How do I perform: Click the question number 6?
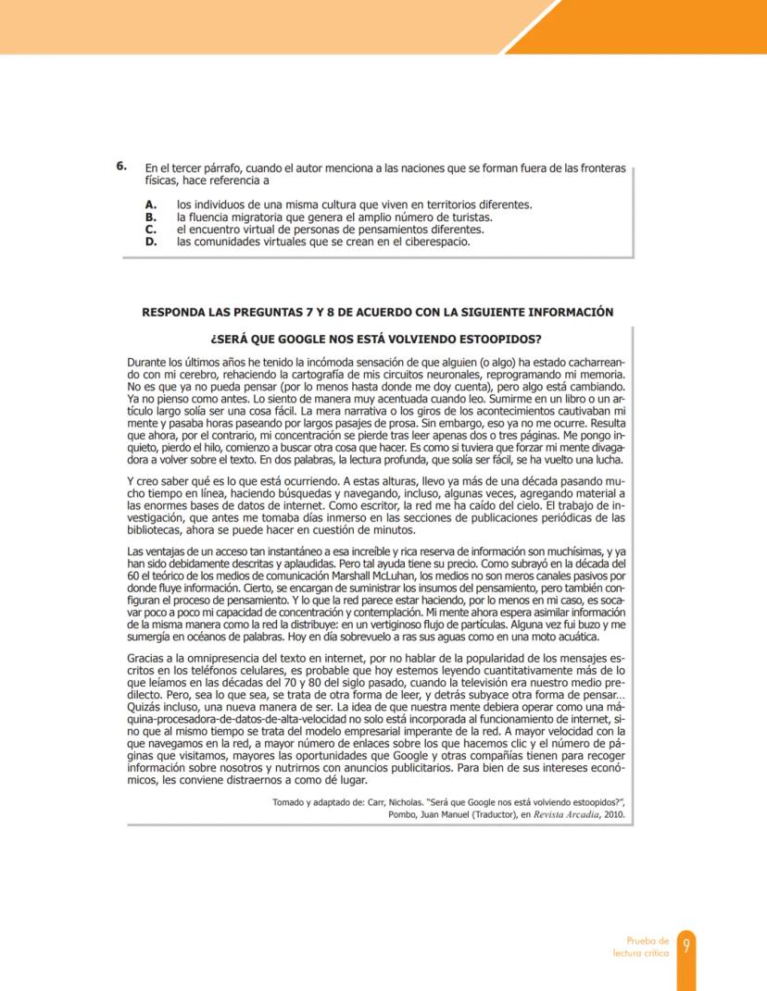click(x=120, y=167)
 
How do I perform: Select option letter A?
click(x=150, y=204)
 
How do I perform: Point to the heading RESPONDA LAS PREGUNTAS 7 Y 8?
click(x=377, y=312)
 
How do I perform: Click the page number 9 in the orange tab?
click(x=686, y=946)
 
